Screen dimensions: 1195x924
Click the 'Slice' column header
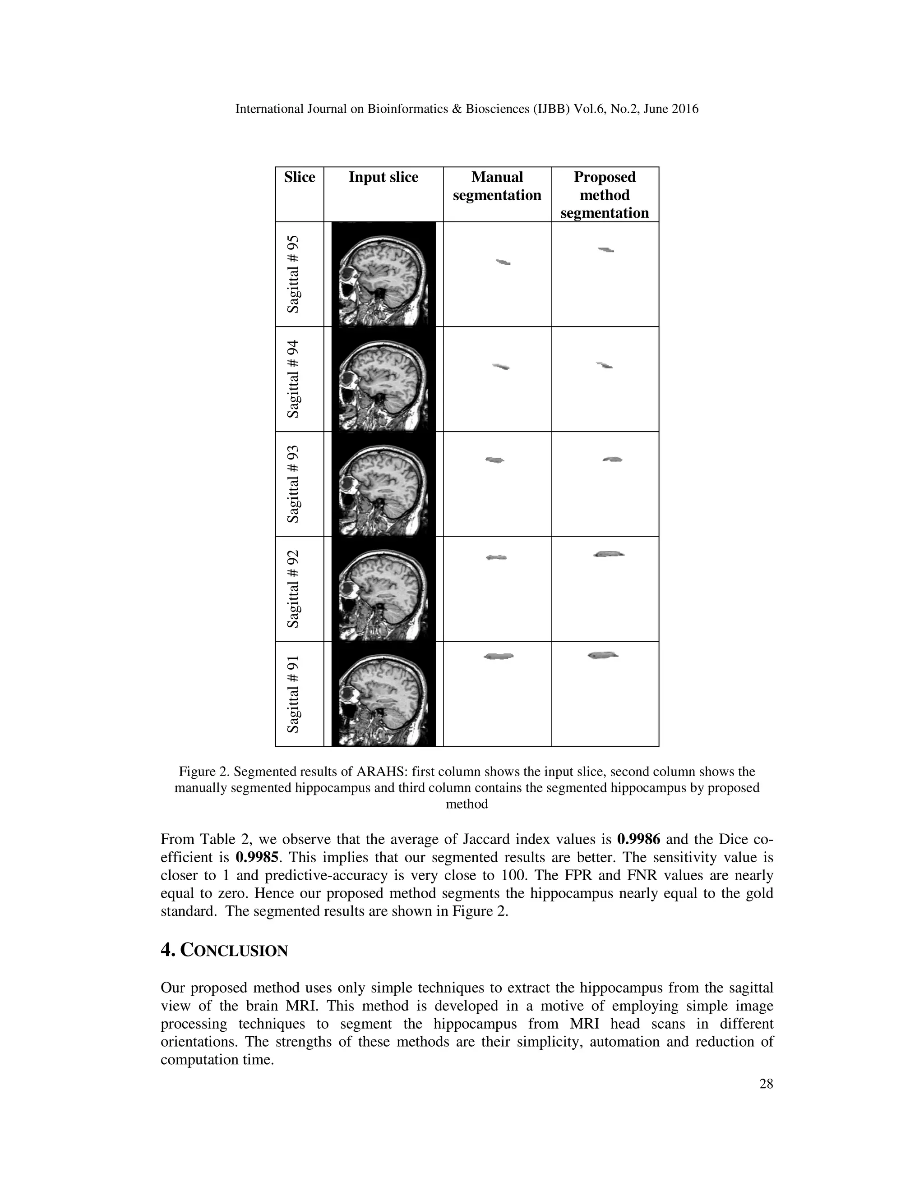300,177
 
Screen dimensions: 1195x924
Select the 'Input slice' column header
383,177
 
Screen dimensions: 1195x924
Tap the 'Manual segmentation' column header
497,186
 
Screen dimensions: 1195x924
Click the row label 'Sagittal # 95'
294,274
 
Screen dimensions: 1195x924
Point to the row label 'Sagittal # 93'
294,484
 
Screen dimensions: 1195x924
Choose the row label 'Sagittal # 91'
294,694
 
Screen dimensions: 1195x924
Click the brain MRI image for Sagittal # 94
383,379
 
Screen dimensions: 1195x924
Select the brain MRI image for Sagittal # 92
383,589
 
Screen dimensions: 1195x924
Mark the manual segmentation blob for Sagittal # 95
503,262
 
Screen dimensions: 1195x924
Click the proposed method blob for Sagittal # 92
608,554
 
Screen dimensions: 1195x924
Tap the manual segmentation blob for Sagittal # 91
499,656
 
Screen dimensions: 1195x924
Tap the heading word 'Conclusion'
234,951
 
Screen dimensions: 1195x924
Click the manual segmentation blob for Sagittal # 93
495,460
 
